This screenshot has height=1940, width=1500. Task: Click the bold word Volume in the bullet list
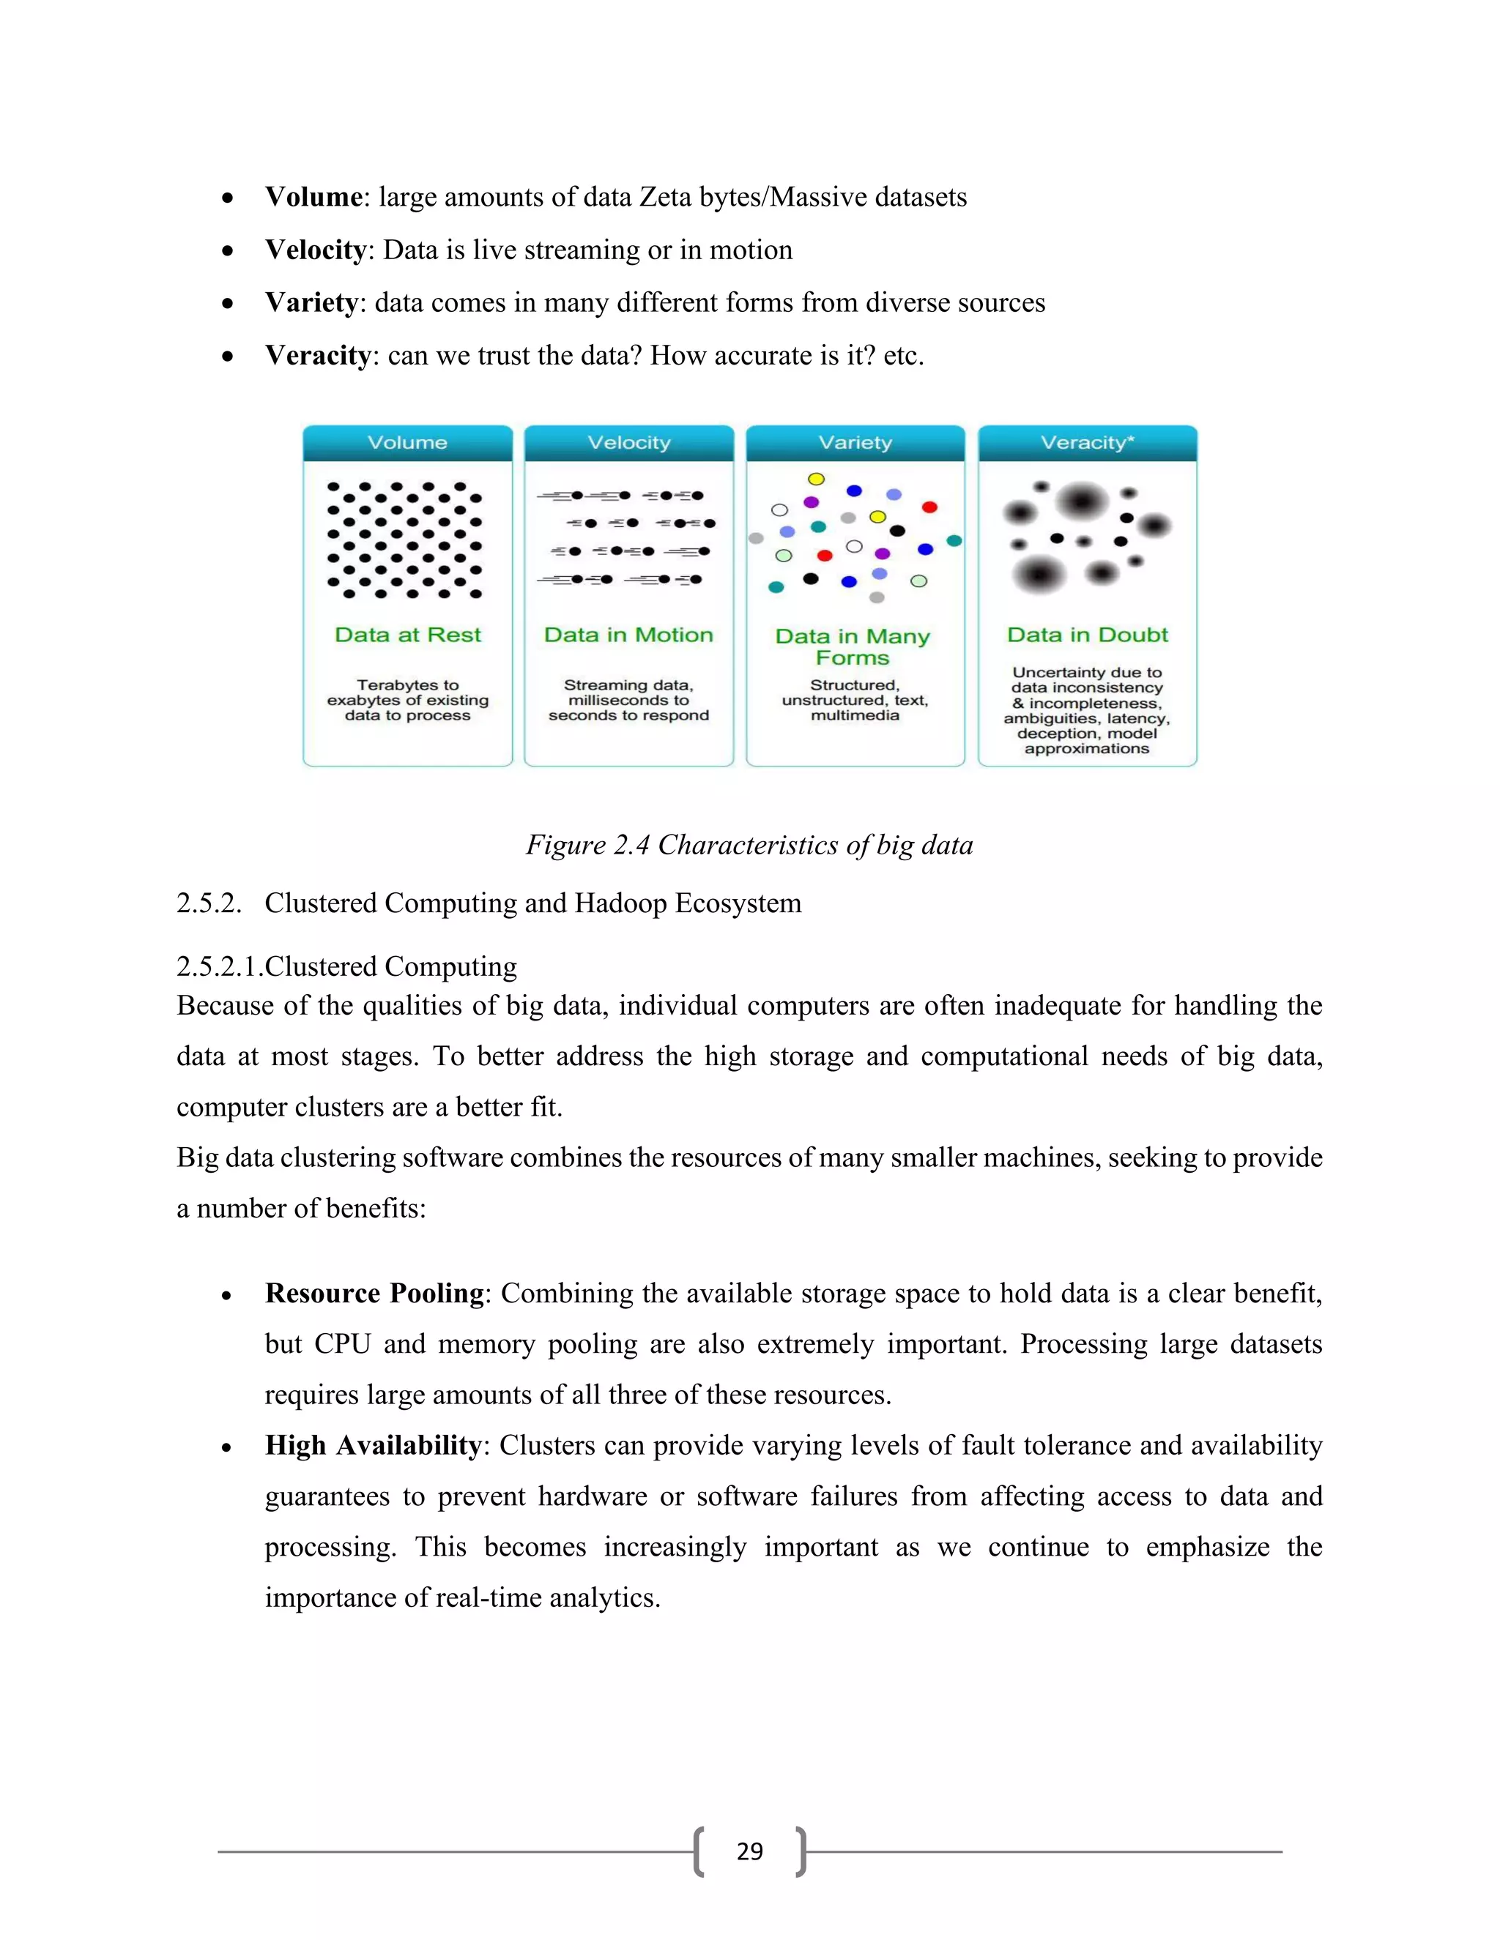[x=313, y=197]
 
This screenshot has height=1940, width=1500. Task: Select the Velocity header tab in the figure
[x=628, y=442]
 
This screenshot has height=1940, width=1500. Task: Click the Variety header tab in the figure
[x=855, y=442]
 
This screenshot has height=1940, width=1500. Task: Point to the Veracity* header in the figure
[x=1087, y=442]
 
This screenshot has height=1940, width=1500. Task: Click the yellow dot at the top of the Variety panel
[x=816, y=480]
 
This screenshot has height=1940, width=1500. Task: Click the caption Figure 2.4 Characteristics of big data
[x=749, y=845]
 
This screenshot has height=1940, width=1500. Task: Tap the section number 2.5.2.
[x=209, y=903]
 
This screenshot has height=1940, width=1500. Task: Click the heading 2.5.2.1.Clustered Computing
[x=346, y=966]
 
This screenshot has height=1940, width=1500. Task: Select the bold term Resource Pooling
[x=374, y=1294]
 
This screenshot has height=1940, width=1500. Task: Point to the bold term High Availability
[x=372, y=1445]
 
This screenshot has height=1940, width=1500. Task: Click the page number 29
[x=749, y=1851]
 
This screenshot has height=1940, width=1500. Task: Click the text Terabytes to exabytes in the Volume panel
[x=407, y=692]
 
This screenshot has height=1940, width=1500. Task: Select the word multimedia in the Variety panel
[x=855, y=716]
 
